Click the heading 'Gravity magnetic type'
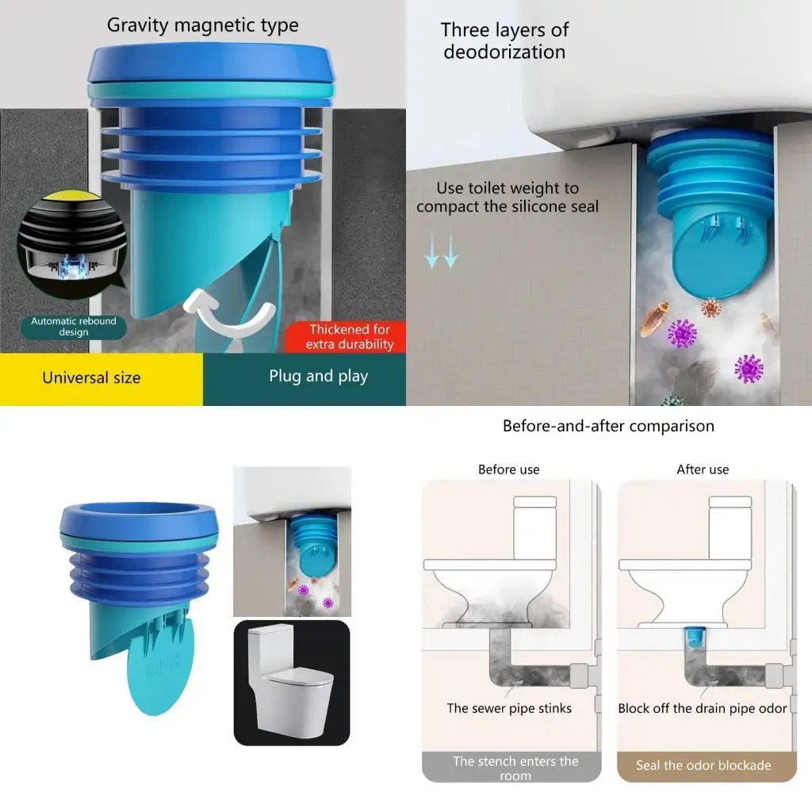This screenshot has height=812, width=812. pos(203,25)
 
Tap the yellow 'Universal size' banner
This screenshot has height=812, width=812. pos(91,377)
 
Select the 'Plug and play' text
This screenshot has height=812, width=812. pos(318,376)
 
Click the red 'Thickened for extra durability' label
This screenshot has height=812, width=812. pos(350,336)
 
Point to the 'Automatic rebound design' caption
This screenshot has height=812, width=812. pos(74,327)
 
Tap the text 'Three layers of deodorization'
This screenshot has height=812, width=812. pos(504,41)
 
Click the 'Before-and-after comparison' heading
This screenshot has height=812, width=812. pos(608,426)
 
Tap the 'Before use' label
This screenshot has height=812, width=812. pos(508,469)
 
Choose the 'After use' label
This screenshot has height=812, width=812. pos(703,469)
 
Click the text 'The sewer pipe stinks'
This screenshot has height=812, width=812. pos(509,708)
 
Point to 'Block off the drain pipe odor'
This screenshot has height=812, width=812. pos(703,708)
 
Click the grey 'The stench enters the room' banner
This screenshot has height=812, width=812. pos(515,768)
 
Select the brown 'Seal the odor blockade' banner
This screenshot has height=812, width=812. pos(703,766)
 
